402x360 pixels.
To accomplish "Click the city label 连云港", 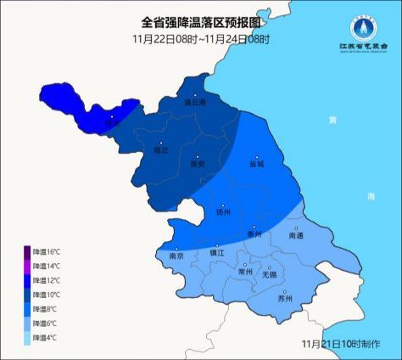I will pos(196,102).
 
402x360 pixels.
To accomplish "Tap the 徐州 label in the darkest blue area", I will pos(112,123).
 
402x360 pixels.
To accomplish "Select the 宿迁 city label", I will pos(161,150).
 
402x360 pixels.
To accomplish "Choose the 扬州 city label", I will pos(223,214).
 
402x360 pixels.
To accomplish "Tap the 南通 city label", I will pos(296,237).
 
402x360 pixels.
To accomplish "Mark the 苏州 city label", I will pos(285,298).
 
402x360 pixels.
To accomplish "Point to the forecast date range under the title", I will pos(200,40).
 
